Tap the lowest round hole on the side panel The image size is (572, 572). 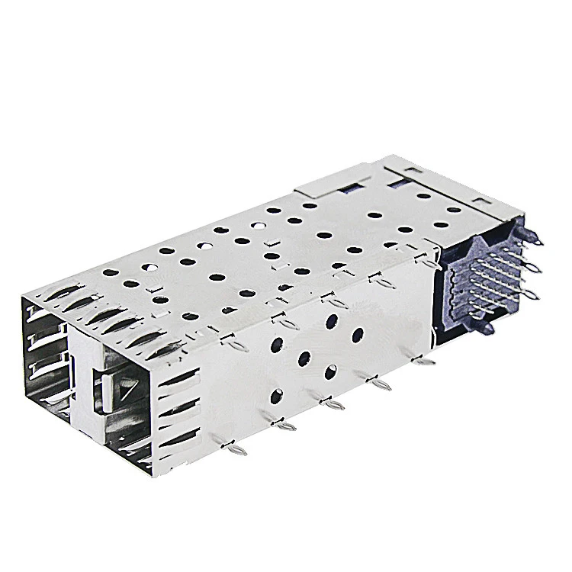[x=276, y=395]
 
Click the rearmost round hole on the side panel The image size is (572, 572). [x=357, y=334]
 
